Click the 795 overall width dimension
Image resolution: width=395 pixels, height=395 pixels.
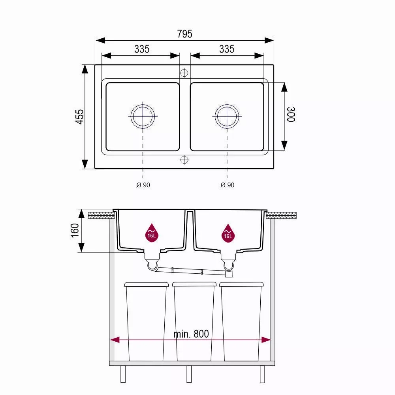pos(184,34)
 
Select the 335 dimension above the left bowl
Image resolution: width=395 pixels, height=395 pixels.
pos(142,49)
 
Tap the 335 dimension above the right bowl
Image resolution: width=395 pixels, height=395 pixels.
pos(227,49)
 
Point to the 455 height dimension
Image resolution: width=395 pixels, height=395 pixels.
pos(80,117)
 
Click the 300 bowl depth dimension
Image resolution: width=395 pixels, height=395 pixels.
pos(291,115)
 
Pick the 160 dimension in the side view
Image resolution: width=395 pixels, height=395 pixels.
pos(75,230)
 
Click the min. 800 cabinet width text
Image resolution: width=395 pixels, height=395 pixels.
pos(191,334)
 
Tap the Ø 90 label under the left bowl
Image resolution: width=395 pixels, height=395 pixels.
pos(143,185)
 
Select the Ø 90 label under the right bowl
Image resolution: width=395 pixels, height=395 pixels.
pos(227,185)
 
